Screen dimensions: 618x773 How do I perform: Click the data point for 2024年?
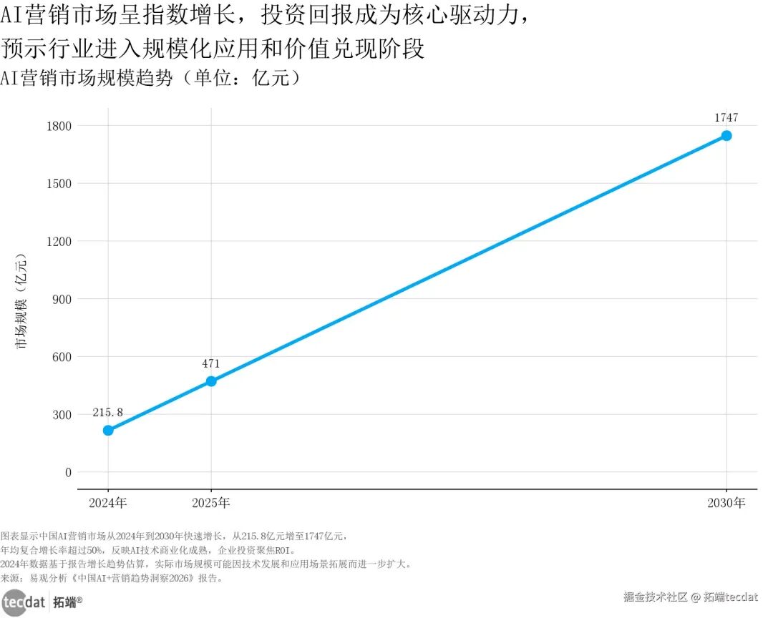[x=108, y=430]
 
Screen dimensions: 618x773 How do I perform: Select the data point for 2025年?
[x=211, y=381]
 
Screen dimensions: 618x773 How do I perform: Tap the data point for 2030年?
[x=726, y=135]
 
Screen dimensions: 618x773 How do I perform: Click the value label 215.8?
[x=108, y=413]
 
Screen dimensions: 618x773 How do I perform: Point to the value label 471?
[x=211, y=363]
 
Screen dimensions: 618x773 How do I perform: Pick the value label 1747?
[x=726, y=118]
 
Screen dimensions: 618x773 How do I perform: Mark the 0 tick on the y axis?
[x=68, y=472]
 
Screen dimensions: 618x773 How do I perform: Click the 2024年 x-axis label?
[x=108, y=503]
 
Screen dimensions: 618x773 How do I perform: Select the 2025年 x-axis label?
[x=211, y=503]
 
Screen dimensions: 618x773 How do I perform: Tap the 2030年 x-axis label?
[x=726, y=503]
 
